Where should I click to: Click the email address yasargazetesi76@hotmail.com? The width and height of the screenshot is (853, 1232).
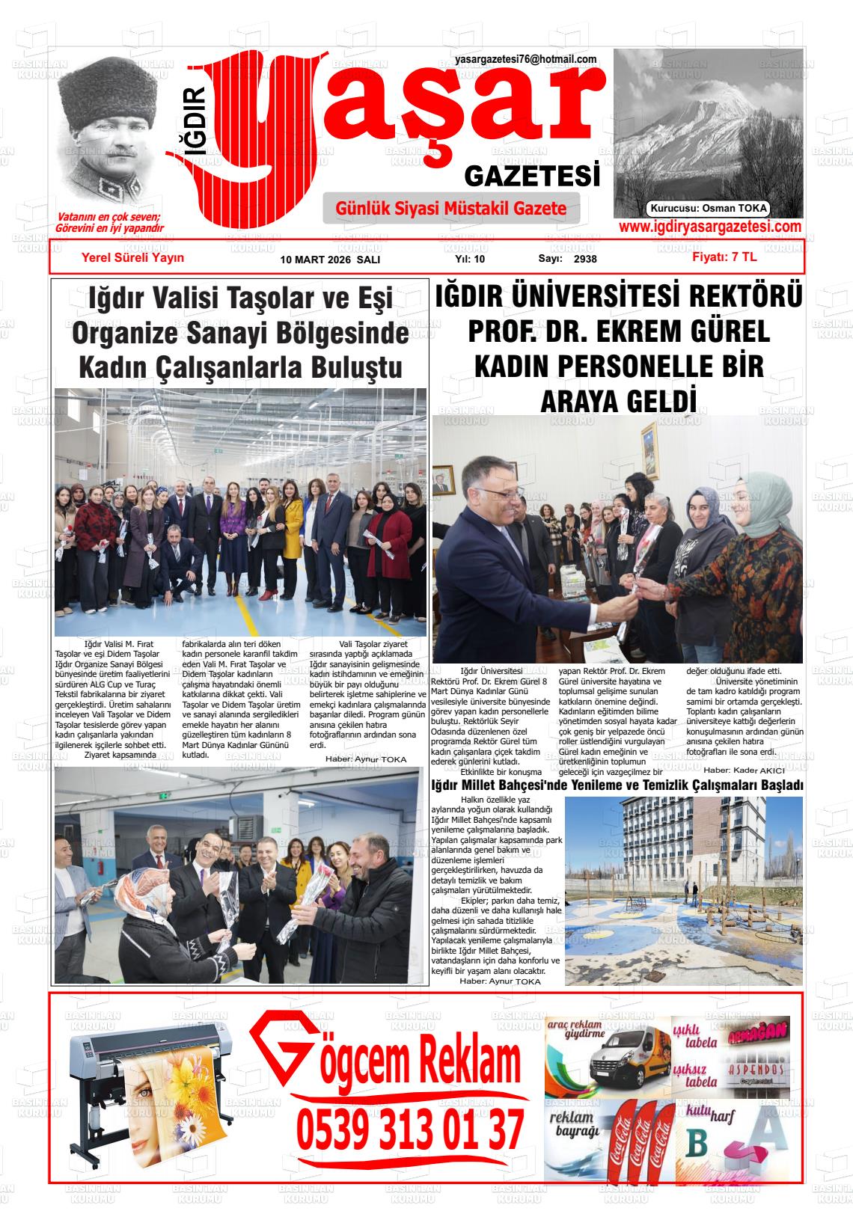pyautogui.click(x=525, y=59)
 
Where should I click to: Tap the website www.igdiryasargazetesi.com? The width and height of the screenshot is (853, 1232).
pyautogui.click(x=710, y=227)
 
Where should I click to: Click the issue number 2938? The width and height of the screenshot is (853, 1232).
pyautogui.click(x=585, y=260)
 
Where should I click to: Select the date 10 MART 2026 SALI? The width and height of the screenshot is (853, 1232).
pyautogui.click(x=330, y=260)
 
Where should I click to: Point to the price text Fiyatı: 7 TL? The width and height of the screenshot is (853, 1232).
pyautogui.click(x=724, y=257)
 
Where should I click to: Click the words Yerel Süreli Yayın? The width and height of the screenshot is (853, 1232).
pyautogui.click(x=132, y=257)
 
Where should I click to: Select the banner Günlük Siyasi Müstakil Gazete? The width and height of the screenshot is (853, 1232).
pyautogui.click(x=451, y=209)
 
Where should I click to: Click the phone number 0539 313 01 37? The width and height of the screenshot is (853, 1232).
pyautogui.click(x=410, y=1130)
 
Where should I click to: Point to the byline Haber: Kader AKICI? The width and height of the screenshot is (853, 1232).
pyautogui.click(x=744, y=770)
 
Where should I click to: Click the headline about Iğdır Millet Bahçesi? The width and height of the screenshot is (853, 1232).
pyautogui.click(x=617, y=785)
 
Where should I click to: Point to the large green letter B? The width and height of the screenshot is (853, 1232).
pyautogui.click(x=697, y=1144)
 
